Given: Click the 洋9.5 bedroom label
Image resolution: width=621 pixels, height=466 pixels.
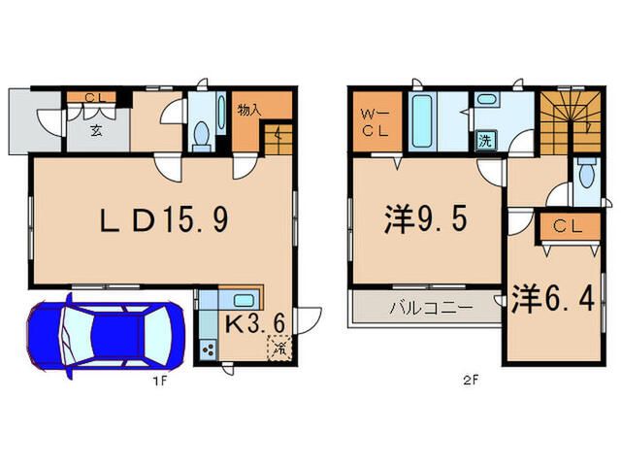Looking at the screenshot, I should [x=424, y=221].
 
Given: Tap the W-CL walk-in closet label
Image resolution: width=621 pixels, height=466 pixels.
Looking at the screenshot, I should [x=373, y=122].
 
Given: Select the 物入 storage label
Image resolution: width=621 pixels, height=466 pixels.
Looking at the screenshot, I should [x=249, y=109].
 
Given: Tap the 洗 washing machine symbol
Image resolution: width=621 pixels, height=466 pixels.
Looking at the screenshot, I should [x=485, y=139].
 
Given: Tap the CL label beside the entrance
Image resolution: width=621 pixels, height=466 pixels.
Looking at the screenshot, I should [x=94, y=96].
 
